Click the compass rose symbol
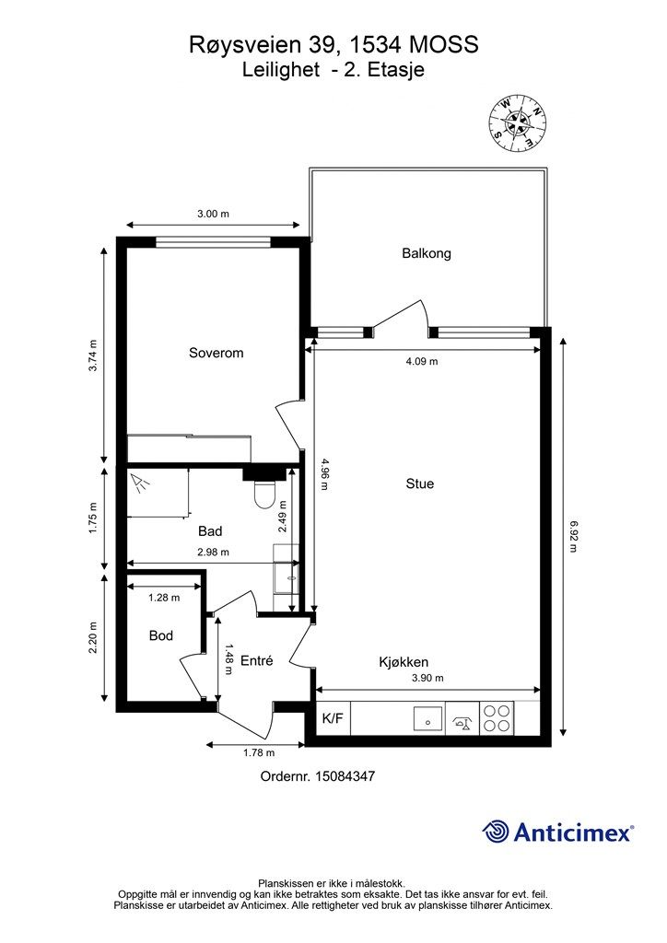point(518,124)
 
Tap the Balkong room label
point(427,253)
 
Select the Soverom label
point(216,353)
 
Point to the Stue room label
point(420,483)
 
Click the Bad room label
point(210,531)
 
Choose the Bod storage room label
point(161,635)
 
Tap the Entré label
point(257,660)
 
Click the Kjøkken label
point(404,662)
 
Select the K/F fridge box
point(333,717)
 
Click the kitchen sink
point(427,717)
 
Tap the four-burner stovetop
point(497,718)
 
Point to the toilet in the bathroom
point(264,494)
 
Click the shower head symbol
point(140,483)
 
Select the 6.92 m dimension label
point(573,537)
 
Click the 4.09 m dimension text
point(422,361)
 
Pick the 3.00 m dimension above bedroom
point(213,214)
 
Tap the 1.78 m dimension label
point(259,752)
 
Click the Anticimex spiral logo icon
point(496,832)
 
